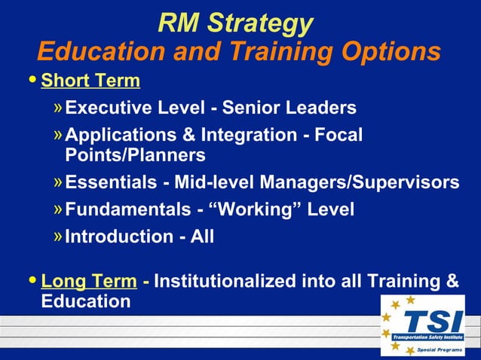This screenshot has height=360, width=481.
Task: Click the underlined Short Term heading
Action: tap(90, 80)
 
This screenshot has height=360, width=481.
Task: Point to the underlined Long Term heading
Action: tap(89, 282)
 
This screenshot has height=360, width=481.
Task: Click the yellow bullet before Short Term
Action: tap(31, 80)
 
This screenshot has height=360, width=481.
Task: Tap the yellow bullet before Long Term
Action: tap(31, 282)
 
